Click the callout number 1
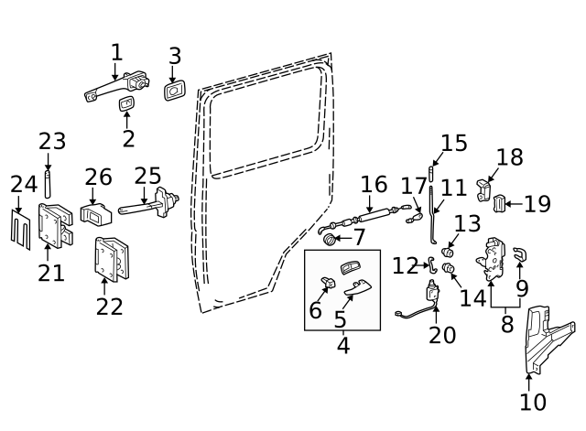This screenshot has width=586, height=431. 116,52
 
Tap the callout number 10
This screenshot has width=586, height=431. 532,402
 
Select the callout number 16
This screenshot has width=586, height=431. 374,185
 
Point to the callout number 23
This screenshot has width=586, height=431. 52,142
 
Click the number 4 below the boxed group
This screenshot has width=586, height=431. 342,346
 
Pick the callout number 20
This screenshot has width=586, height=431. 441,335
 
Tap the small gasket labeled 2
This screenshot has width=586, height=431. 128,107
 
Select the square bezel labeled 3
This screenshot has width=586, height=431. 175,92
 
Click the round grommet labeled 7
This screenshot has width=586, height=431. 329,240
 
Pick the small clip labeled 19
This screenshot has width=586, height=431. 500,203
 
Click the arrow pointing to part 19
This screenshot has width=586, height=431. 515,204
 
